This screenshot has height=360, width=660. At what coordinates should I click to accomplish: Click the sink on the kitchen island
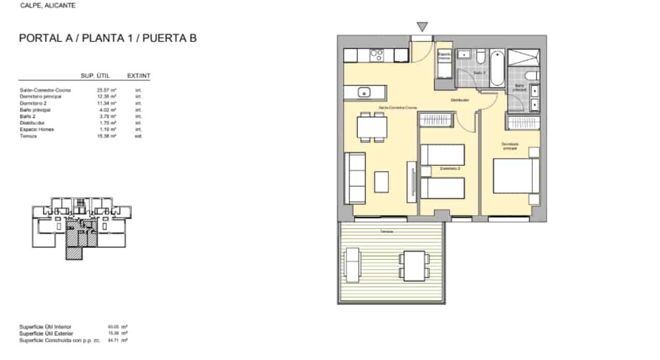pos(364,93)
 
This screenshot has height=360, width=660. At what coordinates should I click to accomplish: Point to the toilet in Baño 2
pos(481,56)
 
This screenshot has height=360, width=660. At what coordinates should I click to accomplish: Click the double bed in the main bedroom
pos(516,175)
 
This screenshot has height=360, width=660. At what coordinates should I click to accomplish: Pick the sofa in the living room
pos(355,178)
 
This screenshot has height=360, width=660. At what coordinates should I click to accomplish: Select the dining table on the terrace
pos(414,265)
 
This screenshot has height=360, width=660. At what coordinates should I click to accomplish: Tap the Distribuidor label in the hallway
pos(459,100)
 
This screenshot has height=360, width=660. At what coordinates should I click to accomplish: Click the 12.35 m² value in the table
pos(109,96)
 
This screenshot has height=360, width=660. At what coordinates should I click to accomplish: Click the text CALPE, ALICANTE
pos(47,6)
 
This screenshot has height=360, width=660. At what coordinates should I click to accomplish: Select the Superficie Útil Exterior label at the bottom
pos(45,334)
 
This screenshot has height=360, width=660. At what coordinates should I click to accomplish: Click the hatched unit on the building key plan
pos(74,252)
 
